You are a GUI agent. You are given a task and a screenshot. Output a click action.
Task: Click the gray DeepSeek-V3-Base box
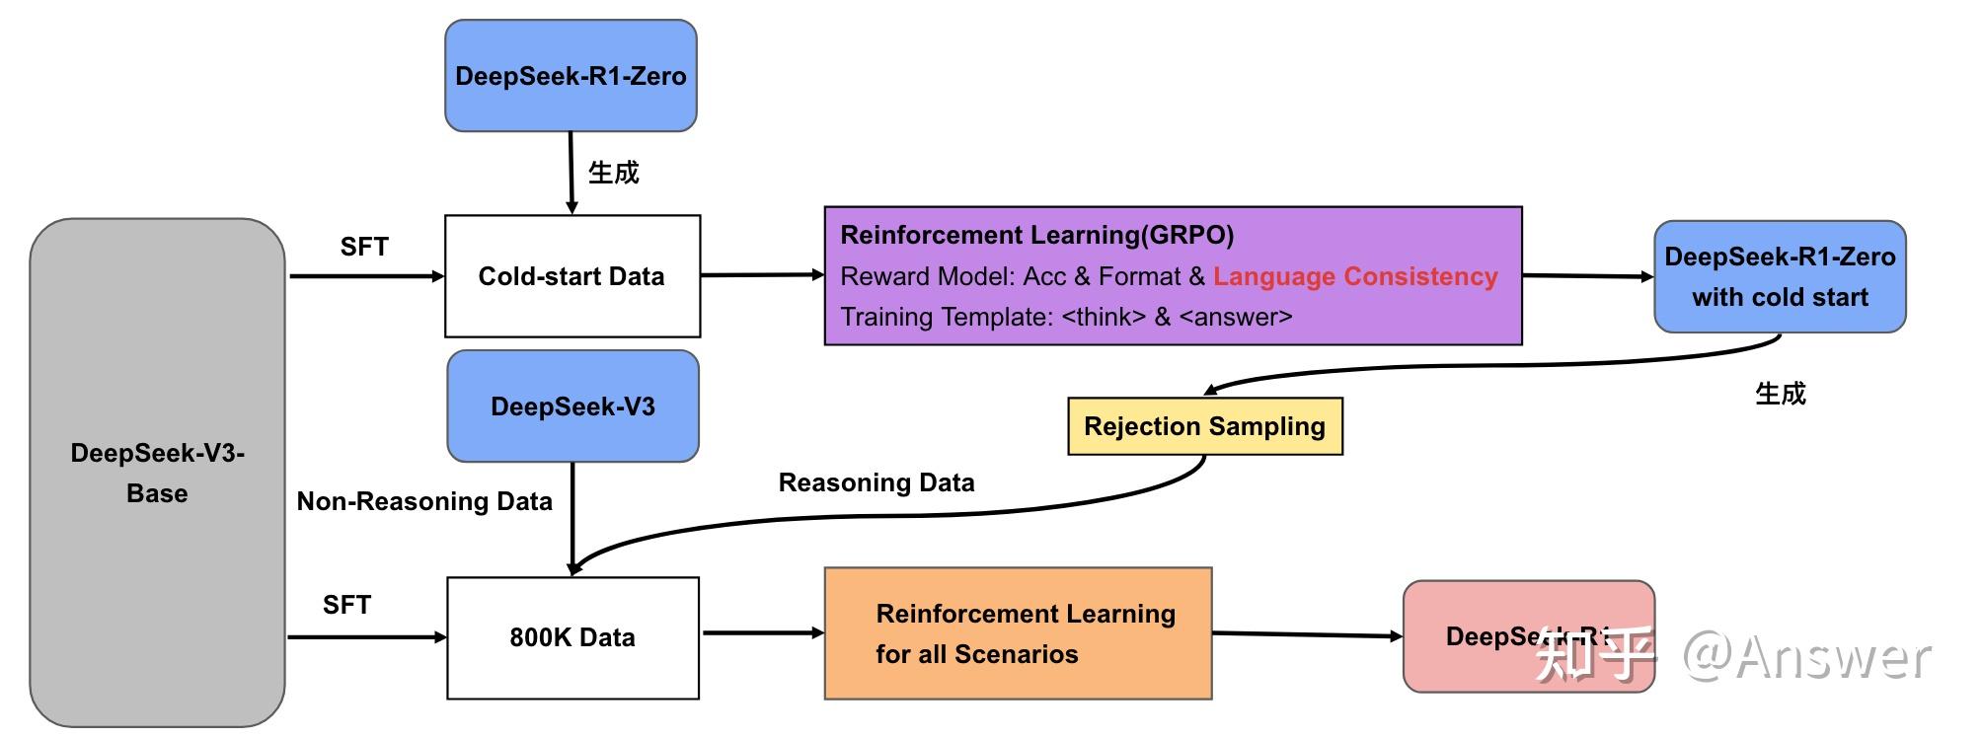(x=157, y=473)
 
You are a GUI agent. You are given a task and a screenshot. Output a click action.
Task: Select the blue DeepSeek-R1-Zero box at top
(x=571, y=76)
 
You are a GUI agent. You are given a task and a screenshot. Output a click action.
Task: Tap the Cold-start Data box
(x=572, y=276)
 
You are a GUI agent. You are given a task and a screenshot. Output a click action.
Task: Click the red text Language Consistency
(x=1355, y=276)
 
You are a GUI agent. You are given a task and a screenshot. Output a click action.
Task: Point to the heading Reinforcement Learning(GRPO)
(x=1036, y=235)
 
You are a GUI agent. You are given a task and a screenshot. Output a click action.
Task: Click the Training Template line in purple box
(x=1065, y=317)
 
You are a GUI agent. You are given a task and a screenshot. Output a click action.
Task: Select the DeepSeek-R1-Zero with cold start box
(x=1779, y=276)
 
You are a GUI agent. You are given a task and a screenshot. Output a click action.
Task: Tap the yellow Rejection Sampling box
(x=1204, y=426)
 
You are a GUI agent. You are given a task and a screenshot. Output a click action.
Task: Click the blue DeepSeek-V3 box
(x=572, y=406)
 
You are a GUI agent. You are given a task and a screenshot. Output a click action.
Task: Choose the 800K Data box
(x=572, y=637)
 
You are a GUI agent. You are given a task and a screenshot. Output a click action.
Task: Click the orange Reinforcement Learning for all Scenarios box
(x=1018, y=633)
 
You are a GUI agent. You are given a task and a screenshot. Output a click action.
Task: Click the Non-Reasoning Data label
(x=424, y=501)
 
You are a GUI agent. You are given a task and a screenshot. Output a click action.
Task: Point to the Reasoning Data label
(x=877, y=482)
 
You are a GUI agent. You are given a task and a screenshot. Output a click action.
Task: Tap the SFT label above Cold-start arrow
(x=364, y=247)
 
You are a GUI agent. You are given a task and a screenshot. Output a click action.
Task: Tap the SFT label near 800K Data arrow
(x=346, y=605)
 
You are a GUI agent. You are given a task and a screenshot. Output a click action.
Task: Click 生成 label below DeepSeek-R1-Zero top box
(x=613, y=173)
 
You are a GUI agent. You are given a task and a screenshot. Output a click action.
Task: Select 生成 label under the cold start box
(x=1780, y=394)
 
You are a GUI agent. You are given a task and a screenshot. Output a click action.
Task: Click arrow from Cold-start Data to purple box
(x=761, y=275)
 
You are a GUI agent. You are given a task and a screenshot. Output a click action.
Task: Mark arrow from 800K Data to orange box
(x=761, y=632)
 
